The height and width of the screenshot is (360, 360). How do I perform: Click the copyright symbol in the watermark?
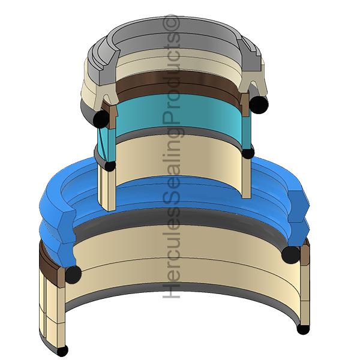171,25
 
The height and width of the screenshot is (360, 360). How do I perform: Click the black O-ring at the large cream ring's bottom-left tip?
62,350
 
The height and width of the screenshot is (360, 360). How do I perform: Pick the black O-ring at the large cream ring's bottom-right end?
303,329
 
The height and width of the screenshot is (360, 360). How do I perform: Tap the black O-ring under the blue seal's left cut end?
73,275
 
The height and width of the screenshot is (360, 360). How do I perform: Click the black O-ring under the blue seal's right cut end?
290,254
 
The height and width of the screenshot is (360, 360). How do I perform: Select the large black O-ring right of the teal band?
259,104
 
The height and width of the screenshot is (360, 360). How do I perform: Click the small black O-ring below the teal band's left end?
110,166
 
